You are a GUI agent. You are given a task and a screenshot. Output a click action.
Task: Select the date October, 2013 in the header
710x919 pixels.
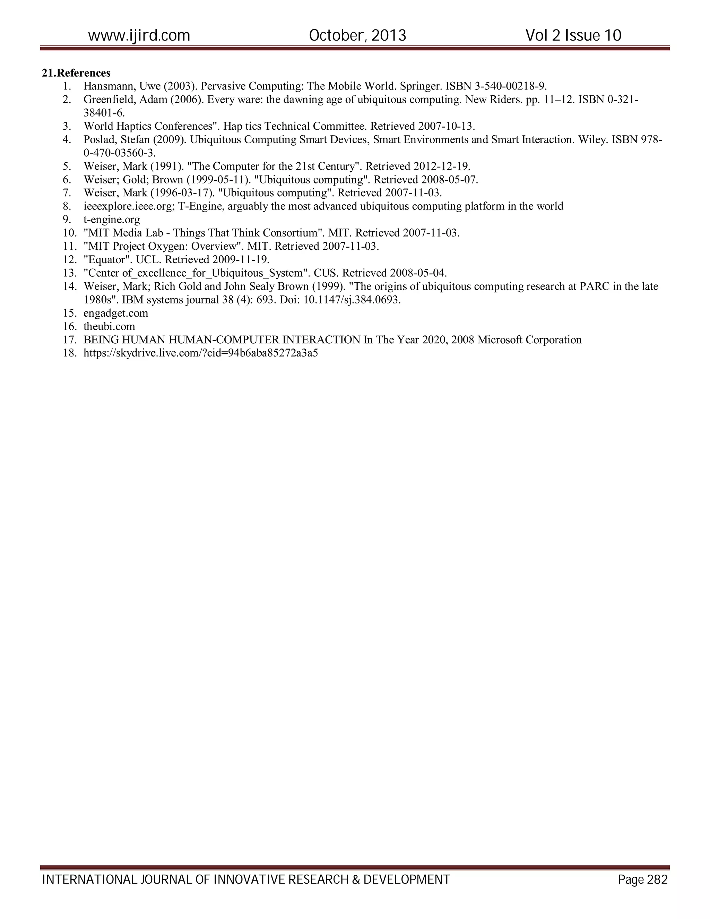(357, 35)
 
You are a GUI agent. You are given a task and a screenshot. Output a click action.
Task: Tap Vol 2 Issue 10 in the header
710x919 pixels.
(573, 35)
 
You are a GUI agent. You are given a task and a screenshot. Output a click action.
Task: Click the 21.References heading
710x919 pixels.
(76, 73)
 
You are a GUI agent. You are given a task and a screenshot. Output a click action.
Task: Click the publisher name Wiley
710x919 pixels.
(592, 140)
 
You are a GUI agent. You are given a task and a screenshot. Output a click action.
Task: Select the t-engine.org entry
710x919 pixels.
(112, 220)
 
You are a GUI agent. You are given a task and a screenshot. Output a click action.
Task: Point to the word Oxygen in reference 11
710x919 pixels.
(170, 246)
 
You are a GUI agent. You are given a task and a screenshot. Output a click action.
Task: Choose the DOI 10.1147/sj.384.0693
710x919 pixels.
(352, 300)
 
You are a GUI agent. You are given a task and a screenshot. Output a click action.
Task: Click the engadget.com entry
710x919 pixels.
(116, 314)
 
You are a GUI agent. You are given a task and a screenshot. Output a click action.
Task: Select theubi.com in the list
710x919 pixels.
(109, 327)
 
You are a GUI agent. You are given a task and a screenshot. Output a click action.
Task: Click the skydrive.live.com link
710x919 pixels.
(201, 353)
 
